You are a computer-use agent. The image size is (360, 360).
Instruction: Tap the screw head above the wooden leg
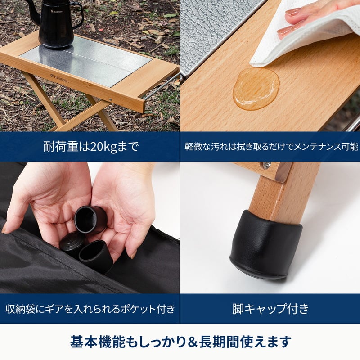point(267,164)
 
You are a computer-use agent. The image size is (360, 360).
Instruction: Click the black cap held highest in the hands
point(91,219)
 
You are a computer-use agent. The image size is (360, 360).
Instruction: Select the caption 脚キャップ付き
point(270,308)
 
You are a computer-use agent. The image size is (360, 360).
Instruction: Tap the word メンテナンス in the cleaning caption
point(317,147)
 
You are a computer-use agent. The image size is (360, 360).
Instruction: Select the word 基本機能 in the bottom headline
point(98,342)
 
